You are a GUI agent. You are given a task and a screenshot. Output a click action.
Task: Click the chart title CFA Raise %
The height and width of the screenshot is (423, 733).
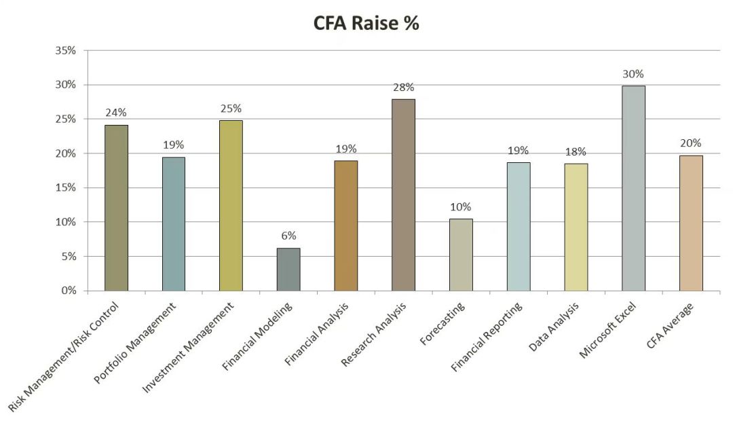pos(366,23)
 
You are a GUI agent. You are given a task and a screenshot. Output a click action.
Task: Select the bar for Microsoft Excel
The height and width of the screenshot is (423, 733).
pos(633,188)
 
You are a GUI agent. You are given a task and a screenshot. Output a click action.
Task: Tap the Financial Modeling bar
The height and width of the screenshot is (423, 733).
pos(288,270)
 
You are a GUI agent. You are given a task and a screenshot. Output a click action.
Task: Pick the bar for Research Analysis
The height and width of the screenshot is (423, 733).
pos(403,195)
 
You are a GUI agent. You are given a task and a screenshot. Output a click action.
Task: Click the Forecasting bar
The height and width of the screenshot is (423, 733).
pos(461,255)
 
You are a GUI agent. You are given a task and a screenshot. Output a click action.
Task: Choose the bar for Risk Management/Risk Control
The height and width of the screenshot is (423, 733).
pos(116,208)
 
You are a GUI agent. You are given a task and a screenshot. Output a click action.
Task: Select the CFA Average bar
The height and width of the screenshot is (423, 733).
pos(691,223)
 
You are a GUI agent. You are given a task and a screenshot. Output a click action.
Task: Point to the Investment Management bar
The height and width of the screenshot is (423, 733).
pos(231,206)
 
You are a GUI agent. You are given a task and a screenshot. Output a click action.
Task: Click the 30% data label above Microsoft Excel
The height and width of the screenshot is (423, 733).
pos(633,74)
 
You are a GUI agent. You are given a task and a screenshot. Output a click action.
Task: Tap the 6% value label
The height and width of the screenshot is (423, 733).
pos(288,236)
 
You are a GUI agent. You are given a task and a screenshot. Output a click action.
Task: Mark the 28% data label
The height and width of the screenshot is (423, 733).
pos(403,88)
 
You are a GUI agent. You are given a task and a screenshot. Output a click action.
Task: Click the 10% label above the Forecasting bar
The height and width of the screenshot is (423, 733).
pos(461,207)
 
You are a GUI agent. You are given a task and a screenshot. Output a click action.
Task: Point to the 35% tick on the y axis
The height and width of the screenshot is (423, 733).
pos(66,51)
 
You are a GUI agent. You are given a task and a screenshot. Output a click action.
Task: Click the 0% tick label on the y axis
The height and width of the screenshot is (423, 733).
pos(69,291)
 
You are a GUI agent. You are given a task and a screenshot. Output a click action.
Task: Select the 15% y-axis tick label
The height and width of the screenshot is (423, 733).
pos(66,188)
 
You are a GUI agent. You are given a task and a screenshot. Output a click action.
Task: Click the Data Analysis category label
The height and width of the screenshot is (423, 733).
pos(555,329)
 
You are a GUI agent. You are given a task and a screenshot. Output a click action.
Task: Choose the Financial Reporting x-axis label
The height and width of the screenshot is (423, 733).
pos(487,337)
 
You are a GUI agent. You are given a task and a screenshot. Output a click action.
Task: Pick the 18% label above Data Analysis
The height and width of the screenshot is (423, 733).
pos(576,151)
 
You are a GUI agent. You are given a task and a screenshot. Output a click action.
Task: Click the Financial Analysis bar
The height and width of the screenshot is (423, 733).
pos(345,225)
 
